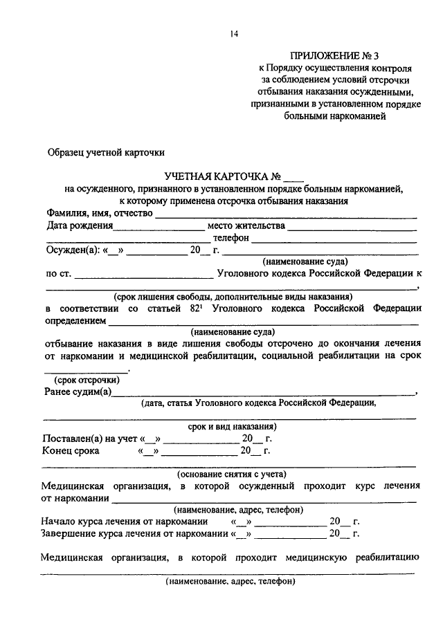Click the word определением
click(x=75, y=321)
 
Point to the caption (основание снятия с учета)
click(x=231, y=475)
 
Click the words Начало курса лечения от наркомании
click(x=125, y=521)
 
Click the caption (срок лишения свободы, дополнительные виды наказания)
click(x=230, y=296)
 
